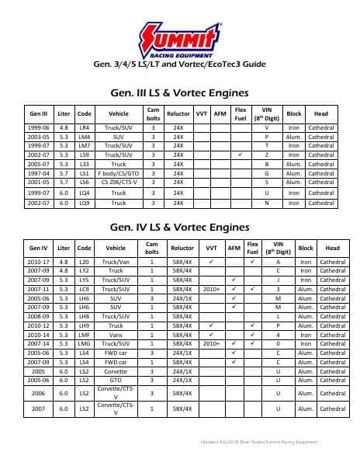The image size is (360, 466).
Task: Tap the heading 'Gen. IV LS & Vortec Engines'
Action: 180,228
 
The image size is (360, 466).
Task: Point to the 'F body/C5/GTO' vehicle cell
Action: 118,173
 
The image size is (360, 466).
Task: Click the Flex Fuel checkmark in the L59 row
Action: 241,155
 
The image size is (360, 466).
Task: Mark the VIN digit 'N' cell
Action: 266,203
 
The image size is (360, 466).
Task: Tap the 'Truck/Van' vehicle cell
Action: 116,263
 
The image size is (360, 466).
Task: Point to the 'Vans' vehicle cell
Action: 116,335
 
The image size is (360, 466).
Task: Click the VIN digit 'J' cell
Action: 278,280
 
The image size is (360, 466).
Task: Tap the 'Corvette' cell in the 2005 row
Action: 116,371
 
